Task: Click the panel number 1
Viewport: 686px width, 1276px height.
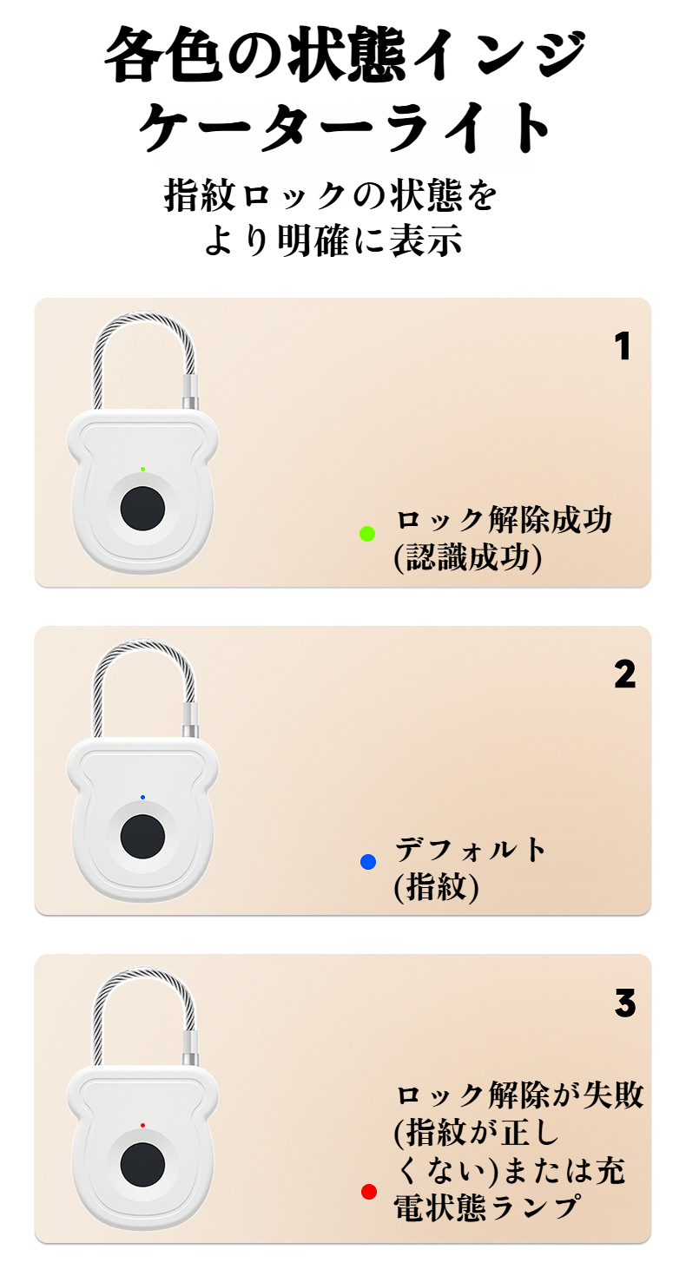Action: click(x=622, y=347)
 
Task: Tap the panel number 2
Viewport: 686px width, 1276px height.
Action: click(x=624, y=674)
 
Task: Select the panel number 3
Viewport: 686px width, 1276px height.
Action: click(x=624, y=1003)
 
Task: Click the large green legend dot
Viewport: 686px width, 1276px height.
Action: click(x=367, y=534)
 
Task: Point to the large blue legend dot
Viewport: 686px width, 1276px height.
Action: click(x=367, y=862)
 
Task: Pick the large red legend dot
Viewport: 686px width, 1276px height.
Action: click(x=369, y=1192)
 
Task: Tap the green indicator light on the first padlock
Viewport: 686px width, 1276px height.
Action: click(x=142, y=469)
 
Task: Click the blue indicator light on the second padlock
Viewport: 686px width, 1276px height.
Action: click(x=142, y=797)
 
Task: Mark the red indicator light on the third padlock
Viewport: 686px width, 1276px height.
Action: click(x=142, y=1125)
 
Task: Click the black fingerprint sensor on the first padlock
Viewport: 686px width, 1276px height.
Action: click(x=142, y=509)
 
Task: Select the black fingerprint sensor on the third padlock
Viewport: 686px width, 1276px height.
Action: click(x=142, y=1165)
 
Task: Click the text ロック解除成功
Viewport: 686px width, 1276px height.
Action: click(x=504, y=521)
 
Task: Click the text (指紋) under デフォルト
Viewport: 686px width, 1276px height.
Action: click(x=436, y=887)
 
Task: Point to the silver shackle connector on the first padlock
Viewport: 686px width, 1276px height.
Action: click(x=189, y=392)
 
